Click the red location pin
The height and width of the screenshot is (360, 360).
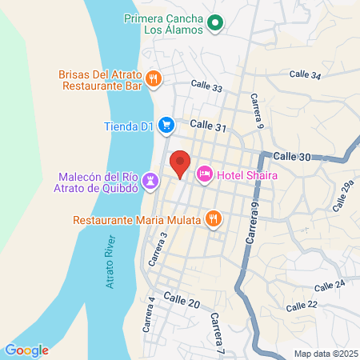(x=181, y=163)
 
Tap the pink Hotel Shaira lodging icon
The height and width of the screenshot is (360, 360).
(x=204, y=173)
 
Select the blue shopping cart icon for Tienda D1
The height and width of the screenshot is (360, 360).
(x=166, y=125)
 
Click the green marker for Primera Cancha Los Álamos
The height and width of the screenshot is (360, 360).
(x=214, y=24)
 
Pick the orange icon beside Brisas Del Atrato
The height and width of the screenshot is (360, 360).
(x=154, y=78)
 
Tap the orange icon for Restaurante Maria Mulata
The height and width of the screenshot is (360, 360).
(x=213, y=218)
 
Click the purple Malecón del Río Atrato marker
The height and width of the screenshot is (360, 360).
(x=150, y=185)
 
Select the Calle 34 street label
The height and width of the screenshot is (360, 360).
(x=305, y=74)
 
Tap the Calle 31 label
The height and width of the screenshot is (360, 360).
(x=210, y=126)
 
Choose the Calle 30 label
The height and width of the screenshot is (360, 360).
(x=291, y=158)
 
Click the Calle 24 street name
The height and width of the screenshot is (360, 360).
(x=330, y=285)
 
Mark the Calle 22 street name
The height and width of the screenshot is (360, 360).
(x=302, y=305)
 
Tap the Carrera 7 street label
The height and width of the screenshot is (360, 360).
(x=216, y=328)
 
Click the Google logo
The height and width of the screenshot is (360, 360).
(x=26, y=350)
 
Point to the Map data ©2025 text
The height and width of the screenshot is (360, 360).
(x=324, y=353)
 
